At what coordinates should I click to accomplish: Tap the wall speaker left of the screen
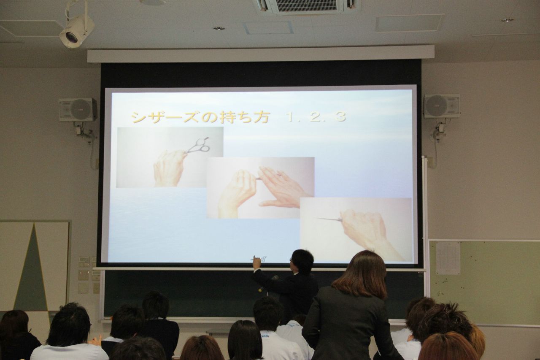click(78, 109)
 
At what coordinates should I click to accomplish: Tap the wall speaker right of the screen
click(442, 106)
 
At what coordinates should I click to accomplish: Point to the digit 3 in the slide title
click(340, 117)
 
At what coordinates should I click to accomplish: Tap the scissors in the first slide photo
click(198, 146)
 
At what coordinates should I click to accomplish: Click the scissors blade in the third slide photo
click(329, 219)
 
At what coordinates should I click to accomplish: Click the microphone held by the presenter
click(268, 284)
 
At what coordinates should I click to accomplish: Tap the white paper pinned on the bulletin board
click(448, 258)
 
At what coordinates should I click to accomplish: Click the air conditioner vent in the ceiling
click(306, 6)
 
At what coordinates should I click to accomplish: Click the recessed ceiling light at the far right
click(507, 20)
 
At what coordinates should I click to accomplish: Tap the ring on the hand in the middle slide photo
click(279, 174)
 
